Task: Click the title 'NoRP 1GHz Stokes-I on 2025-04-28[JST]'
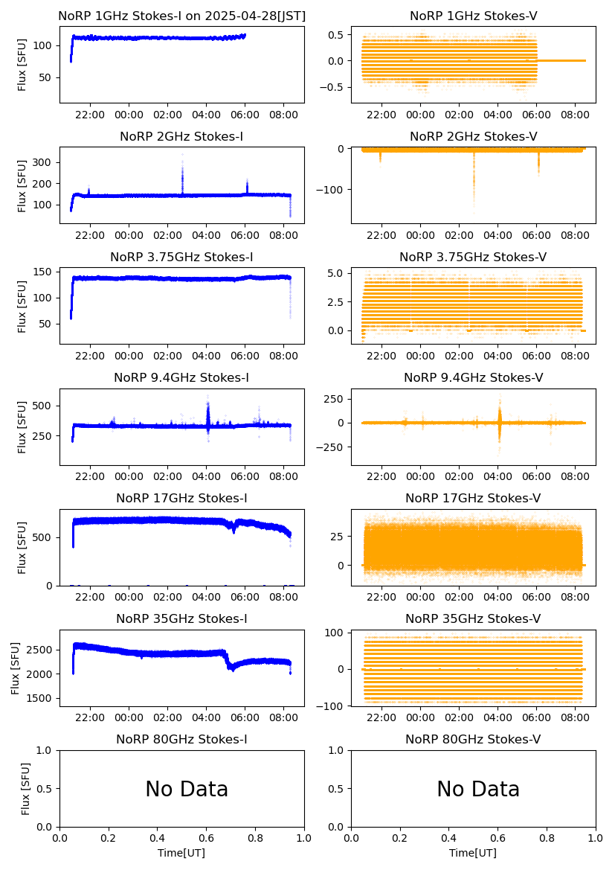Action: pyautogui.click(x=181, y=16)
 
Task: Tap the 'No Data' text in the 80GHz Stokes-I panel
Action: pyautogui.click(x=187, y=789)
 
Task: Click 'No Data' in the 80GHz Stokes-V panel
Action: pyautogui.click(x=478, y=789)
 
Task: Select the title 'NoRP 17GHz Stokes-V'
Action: pyautogui.click(x=473, y=498)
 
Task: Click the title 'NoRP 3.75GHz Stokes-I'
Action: pyautogui.click(x=181, y=257)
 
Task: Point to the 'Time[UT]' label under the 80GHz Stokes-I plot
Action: pyautogui.click(x=181, y=853)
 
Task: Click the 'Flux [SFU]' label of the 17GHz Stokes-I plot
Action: pyautogui.click(x=22, y=548)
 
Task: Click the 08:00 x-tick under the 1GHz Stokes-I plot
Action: pyautogui.click(x=284, y=115)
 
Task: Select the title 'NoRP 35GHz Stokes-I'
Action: pyautogui.click(x=181, y=619)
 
